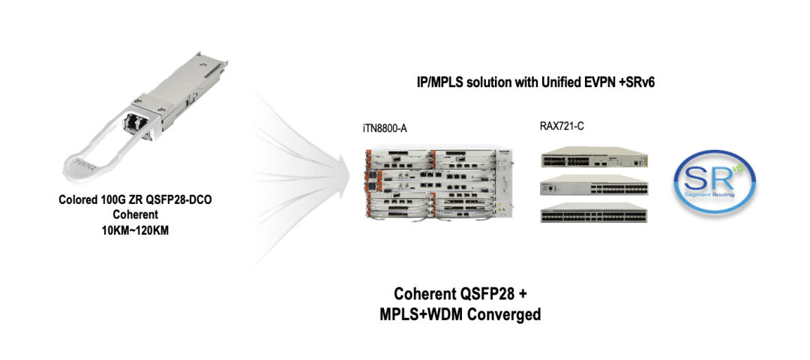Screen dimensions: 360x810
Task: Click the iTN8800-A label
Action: pyautogui.click(x=384, y=128)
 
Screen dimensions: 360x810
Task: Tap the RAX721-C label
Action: pyautogui.click(x=562, y=126)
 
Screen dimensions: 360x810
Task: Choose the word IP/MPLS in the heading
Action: pyautogui.click(x=441, y=81)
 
